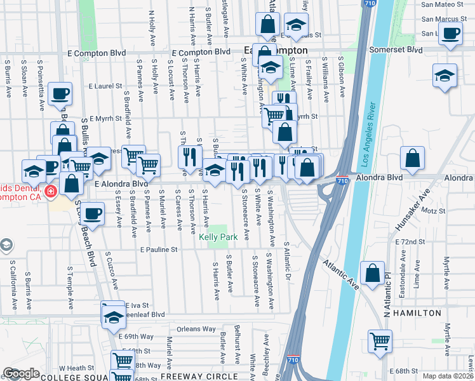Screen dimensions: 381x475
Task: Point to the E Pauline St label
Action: pos(159,250)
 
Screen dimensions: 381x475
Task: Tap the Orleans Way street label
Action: pos(196,329)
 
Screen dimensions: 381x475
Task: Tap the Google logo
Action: pos(21,373)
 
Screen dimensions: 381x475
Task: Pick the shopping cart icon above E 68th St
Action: pos(380,341)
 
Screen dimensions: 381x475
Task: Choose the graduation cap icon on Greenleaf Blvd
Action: pos(114,316)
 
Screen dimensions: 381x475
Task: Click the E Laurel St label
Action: pos(105,86)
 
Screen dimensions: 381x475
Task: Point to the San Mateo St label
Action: pos(439,4)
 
